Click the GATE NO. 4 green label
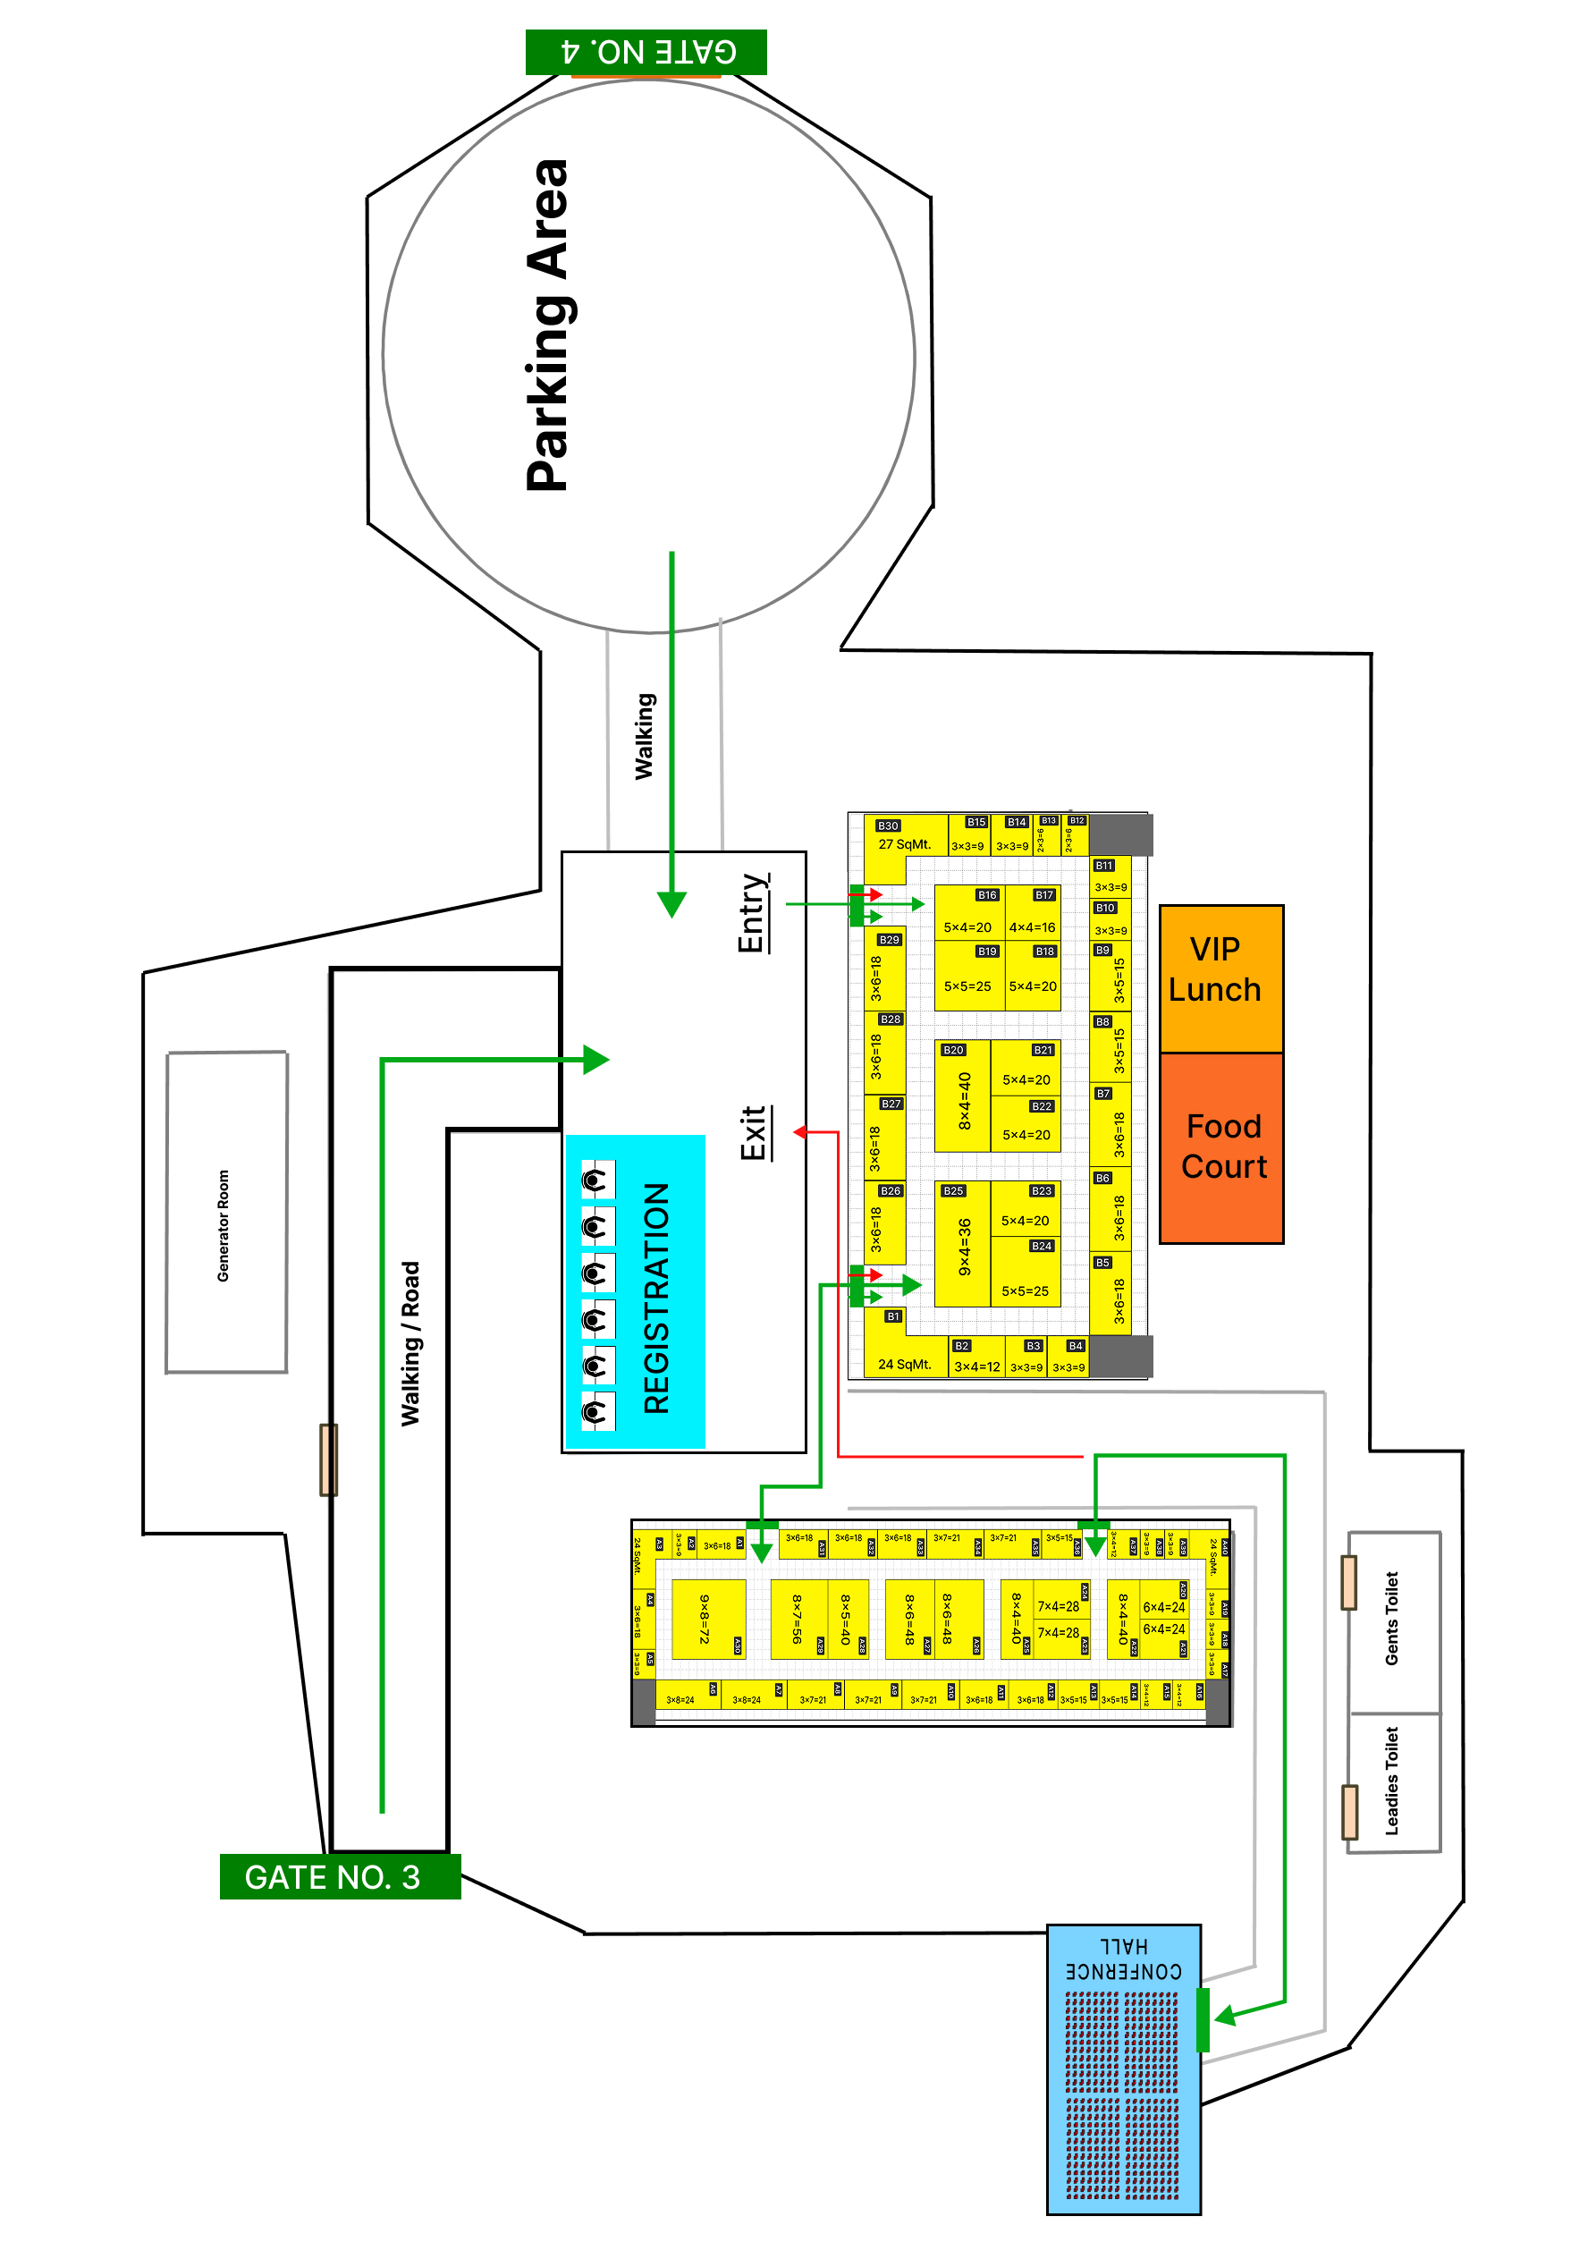point(646,51)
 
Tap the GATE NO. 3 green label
point(339,1876)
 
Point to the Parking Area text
point(547,325)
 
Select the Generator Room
point(225,1211)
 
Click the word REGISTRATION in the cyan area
point(656,1298)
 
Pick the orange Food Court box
point(1221,1147)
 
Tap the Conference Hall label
point(1123,1960)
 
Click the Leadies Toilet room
point(1392,1781)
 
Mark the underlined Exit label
point(753,1132)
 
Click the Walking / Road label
point(410,1343)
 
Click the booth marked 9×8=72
point(707,1619)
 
